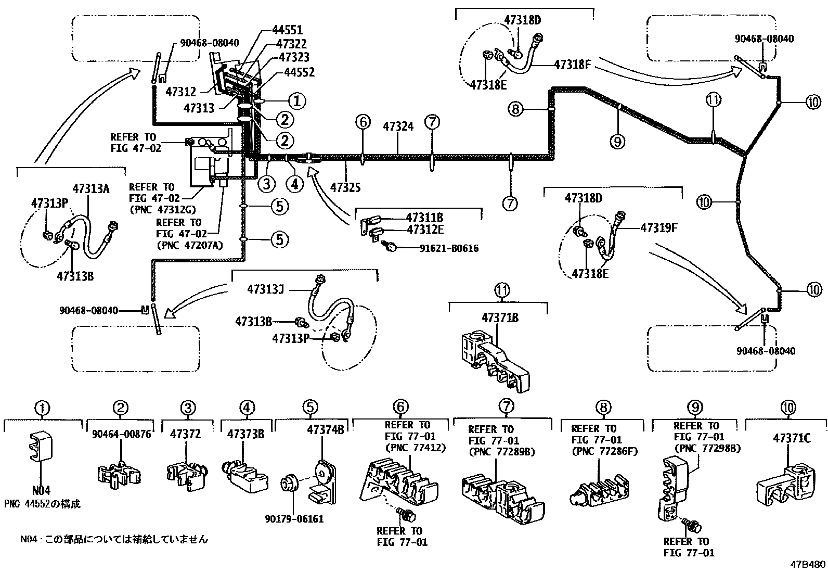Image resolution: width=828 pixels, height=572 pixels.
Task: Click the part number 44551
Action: [287, 31]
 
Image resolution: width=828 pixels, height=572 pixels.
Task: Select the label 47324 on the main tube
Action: [398, 126]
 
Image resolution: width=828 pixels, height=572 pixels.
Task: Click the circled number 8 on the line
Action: [515, 109]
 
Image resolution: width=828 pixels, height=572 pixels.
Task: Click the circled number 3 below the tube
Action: [266, 183]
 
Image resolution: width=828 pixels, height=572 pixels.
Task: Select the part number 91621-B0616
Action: [449, 248]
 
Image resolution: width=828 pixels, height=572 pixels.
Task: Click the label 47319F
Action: [658, 227]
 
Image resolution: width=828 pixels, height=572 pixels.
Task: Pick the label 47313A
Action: [91, 189]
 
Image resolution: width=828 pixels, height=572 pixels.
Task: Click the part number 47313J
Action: [265, 289]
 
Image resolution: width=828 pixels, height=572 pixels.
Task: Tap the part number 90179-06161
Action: [294, 519]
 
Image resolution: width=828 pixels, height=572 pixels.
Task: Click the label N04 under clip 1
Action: [42, 490]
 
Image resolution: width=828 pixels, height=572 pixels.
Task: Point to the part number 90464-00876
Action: [122, 434]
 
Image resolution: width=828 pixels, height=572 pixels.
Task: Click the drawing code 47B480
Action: [808, 564]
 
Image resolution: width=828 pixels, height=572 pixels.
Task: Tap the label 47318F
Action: [573, 65]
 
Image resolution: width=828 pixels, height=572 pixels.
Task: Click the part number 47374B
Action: [326, 430]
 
